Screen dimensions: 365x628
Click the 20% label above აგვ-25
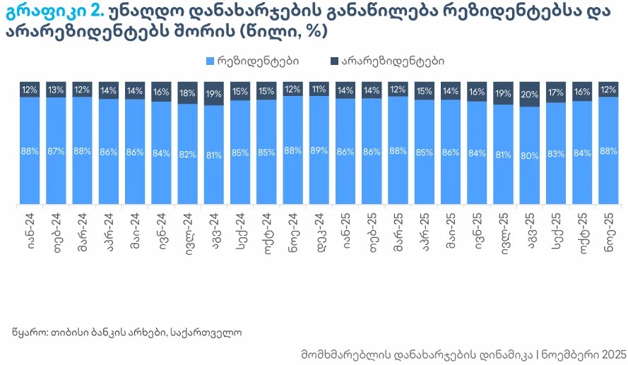coord(530,95)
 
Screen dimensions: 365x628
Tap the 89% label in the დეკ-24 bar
coord(319,151)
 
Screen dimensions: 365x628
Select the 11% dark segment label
coord(319,90)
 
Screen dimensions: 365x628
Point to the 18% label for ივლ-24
coord(188,93)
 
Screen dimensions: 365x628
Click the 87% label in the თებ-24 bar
coord(57,151)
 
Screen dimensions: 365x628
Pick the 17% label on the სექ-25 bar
coord(556,92)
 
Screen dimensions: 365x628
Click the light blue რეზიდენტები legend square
coord(210,61)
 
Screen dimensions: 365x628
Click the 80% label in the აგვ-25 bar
coord(530,156)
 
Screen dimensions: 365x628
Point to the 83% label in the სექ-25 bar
coord(556,154)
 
